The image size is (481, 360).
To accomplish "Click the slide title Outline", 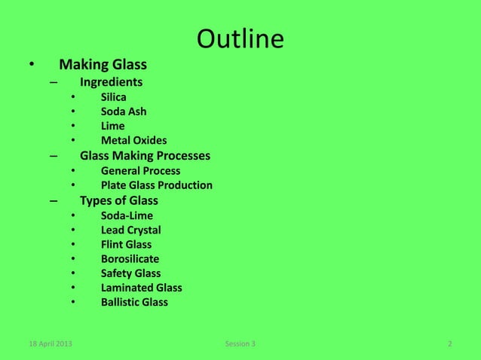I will click(240, 39).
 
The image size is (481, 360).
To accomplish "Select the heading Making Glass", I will click(103, 66).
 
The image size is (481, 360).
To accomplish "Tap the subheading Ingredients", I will click(112, 82).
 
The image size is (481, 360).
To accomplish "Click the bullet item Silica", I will click(114, 97).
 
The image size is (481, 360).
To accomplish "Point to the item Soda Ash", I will click(124, 111).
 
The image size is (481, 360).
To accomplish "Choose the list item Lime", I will click(112, 126).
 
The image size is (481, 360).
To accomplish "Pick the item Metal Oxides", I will click(134, 140).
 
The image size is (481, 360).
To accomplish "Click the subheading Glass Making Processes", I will click(145, 156).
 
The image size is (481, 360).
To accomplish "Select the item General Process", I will click(140, 171).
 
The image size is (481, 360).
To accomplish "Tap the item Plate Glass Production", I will click(156, 185).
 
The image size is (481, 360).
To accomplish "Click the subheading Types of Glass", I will click(118, 200).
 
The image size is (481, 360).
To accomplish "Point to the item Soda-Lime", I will click(126, 215).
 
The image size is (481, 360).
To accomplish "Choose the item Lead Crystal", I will click(130, 230).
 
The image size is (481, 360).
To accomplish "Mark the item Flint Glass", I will click(126, 244).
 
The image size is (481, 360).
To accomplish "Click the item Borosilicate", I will click(130, 259).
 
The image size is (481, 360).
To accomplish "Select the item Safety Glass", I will click(130, 273).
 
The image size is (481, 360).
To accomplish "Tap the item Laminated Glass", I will click(141, 288).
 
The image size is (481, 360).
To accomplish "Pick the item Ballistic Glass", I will click(134, 303).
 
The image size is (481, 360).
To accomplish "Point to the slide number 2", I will click(449, 345).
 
